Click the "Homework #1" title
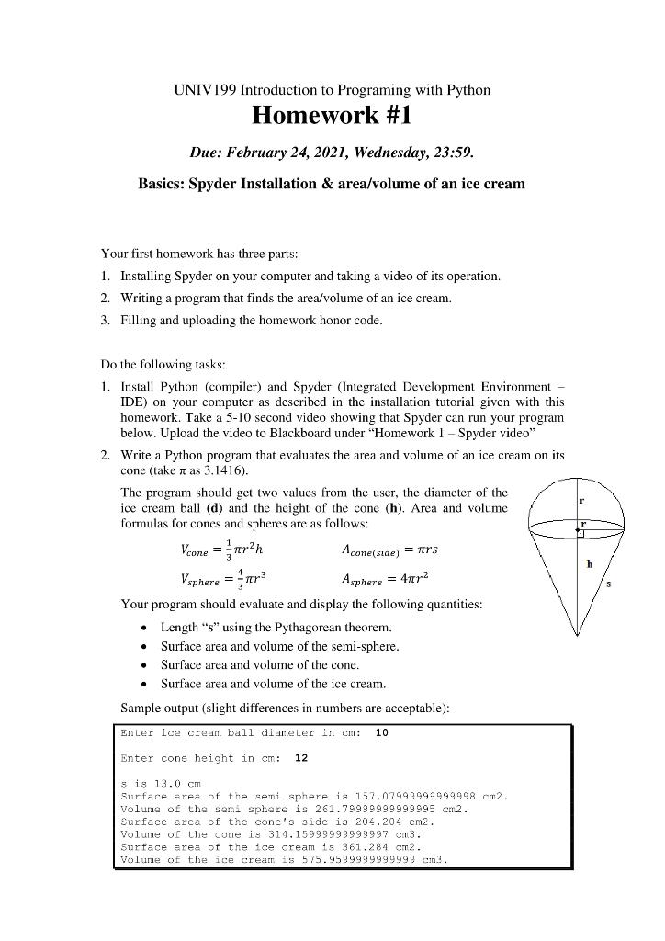click(x=332, y=117)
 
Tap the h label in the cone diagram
click(x=589, y=565)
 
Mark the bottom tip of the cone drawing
click(x=578, y=635)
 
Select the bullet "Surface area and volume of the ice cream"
click(x=273, y=684)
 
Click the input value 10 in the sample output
click(x=382, y=733)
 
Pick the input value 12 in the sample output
click(x=300, y=758)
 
